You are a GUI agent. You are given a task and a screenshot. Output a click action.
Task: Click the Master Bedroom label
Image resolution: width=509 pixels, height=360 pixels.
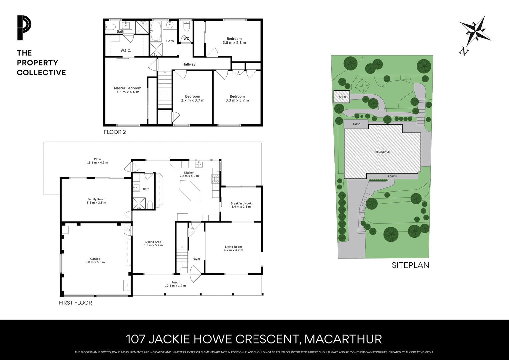coord(127,88)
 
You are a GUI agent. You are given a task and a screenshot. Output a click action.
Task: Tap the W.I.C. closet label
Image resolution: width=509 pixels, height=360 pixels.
coord(126,51)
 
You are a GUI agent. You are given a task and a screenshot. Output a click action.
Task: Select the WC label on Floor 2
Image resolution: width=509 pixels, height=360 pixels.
coord(186,39)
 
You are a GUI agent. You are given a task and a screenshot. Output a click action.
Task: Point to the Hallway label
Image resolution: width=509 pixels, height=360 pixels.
coord(189,64)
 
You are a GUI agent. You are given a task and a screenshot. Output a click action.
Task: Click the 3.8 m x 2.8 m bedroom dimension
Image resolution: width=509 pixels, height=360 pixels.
coord(234,43)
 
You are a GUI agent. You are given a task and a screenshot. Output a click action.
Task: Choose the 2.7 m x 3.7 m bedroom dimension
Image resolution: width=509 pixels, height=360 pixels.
coord(192,100)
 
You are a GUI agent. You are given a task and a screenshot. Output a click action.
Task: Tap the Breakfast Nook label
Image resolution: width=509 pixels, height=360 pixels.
coord(241,203)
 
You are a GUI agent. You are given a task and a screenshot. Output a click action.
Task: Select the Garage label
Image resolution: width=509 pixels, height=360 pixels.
coord(95,259)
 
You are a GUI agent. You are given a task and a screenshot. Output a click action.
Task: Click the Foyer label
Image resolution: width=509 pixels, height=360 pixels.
coord(196,259)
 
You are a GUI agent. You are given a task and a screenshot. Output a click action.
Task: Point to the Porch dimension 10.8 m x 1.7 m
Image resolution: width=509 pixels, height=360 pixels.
coord(175,286)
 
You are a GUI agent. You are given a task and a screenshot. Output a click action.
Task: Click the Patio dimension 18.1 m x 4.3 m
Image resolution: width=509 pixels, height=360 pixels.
coord(97,163)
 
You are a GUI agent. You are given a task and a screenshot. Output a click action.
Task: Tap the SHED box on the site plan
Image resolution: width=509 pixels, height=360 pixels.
coord(342,97)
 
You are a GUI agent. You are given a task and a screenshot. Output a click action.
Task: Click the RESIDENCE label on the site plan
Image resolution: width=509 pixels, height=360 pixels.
coord(382,152)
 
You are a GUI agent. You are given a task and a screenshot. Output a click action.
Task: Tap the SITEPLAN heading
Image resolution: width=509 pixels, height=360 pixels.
coord(410,265)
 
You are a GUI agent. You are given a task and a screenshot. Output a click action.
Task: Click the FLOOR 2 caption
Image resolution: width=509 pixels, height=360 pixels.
coord(115,132)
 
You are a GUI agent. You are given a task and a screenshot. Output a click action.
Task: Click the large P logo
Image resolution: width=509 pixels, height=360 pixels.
coord(24,28)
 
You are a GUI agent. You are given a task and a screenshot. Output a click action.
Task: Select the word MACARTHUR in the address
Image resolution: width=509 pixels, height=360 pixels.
coord(343,339)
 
